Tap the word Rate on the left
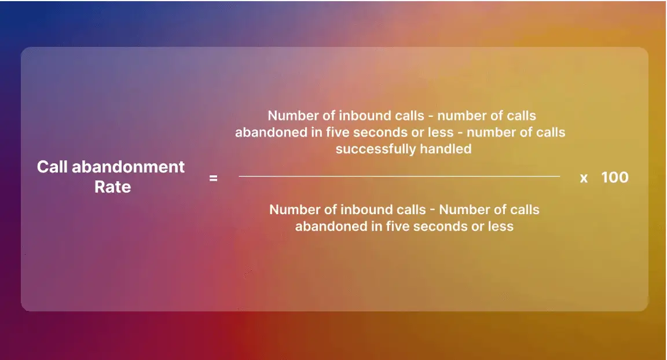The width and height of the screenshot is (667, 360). (113, 187)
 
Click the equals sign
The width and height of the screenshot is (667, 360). (213, 178)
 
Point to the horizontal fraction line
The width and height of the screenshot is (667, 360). (400, 176)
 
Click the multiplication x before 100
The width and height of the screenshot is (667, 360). (584, 178)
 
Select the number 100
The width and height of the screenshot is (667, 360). (615, 177)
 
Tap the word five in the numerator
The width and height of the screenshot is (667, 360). (339, 132)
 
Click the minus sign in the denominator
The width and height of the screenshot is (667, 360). (433, 210)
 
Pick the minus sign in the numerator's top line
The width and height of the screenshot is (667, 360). (431, 116)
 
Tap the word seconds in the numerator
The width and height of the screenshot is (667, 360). (384, 132)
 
